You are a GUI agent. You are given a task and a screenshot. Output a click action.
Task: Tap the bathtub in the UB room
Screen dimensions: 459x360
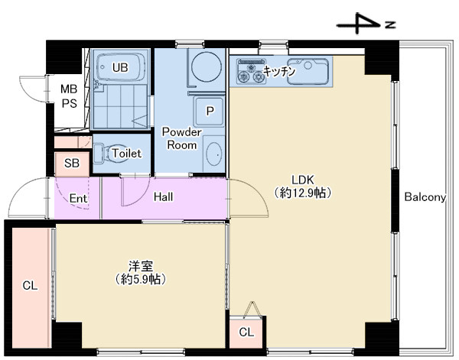point(120,67)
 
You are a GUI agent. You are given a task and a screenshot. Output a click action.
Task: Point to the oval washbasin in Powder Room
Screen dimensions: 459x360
point(213,154)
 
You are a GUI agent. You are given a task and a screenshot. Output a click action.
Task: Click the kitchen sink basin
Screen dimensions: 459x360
point(308,71)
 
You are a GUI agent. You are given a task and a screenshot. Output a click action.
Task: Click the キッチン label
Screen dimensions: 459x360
point(279,71)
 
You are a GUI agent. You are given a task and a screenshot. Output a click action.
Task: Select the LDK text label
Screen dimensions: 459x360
point(303,180)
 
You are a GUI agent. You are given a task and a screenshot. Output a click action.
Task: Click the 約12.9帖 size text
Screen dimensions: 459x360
point(303,193)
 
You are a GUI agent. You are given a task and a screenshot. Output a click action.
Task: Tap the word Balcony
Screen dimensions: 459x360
point(425,197)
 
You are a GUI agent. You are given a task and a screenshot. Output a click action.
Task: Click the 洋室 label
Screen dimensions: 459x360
point(141,266)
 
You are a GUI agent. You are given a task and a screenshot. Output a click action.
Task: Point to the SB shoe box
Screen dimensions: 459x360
point(72,164)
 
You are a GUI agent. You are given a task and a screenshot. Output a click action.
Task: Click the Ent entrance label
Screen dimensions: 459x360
point(78,199)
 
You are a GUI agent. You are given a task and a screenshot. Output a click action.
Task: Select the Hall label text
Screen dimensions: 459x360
point(164,197)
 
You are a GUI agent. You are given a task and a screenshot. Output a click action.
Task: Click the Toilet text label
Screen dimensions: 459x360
point(127,153)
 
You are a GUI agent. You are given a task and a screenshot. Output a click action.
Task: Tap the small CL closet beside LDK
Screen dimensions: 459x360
point(246,332)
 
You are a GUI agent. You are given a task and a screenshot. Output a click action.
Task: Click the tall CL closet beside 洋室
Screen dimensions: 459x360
point(31,286)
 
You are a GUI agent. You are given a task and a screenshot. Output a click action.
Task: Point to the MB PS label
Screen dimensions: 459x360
point(69,96)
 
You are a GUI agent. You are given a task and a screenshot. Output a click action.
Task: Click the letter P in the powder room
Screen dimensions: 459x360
point(210,111)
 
